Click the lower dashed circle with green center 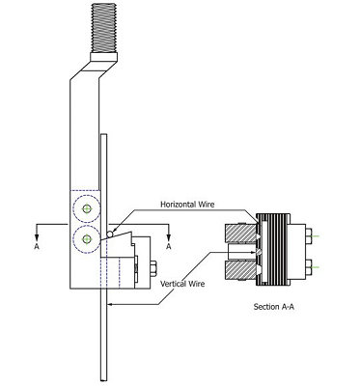click(x=89, y=238)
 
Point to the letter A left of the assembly click(x=36, y=246)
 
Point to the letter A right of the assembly click(x=168, y=246)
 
